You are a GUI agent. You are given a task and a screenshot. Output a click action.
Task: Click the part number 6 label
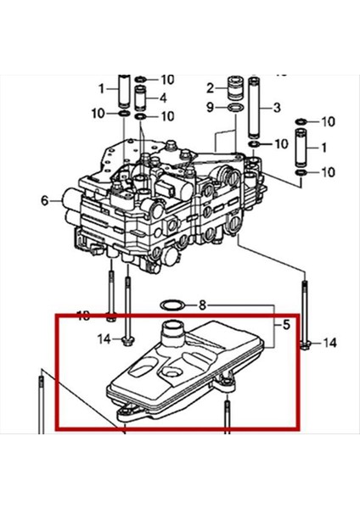pos(43,201)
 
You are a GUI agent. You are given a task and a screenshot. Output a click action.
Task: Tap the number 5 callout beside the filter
pos(286,324)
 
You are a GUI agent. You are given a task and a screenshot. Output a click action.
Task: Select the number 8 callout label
pos(202,305)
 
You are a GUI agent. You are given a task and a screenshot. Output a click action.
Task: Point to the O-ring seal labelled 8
pos(170,304)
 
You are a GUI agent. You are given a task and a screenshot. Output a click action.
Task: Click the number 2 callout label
pos(210,88)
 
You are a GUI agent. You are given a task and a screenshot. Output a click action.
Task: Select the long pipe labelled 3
pos(253,107)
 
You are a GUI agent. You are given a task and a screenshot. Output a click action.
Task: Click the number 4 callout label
pos(164,98)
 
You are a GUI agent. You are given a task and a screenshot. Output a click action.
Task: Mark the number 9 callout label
pos(210,108)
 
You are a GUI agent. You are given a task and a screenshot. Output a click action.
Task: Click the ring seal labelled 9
pos(232,109)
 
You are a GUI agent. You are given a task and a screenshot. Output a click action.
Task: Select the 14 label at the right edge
pos(330,343)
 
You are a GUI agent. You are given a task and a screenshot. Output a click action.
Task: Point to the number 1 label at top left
pos(100,87)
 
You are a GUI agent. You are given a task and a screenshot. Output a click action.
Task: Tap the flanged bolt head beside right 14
pos(306,344)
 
